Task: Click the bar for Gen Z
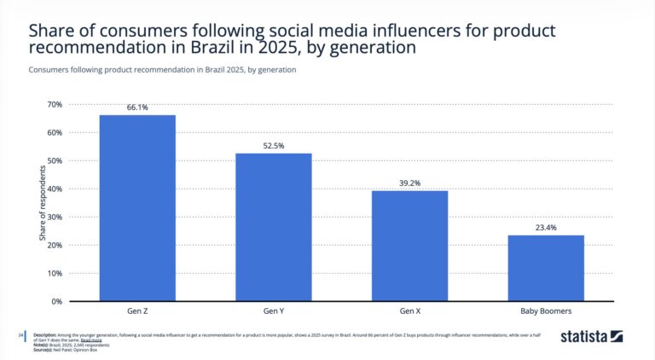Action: click(x=137, y=208)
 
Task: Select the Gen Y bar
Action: click(x=274, y=227)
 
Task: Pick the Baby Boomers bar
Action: click(x=546, y=268)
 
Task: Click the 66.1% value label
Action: click(x=137, y=107)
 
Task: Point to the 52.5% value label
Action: click(x=274, y=146)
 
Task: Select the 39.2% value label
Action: click(x=410, y=183)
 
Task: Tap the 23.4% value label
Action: click(x=546, y=228)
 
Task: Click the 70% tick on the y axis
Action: click(x=54, y=105)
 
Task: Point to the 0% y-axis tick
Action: click(x=56, y=301)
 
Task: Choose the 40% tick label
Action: click(x=54, y=189)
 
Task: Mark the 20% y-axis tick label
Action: click(x=54, y=245)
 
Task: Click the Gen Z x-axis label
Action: click(x=137, y=311)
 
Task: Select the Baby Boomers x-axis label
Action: click(x=546, y=311)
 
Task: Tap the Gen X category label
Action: click(x=410, y=311)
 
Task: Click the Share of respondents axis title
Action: click(x=43, y=202)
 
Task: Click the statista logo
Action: click(x=592, y=337)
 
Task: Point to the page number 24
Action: click(x=21, y=334)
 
